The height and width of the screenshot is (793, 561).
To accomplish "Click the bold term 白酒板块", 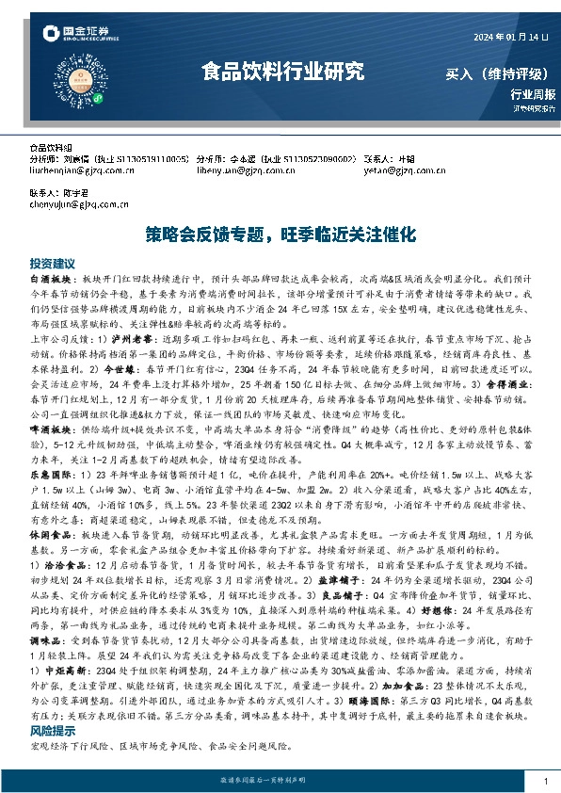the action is point(48,280).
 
